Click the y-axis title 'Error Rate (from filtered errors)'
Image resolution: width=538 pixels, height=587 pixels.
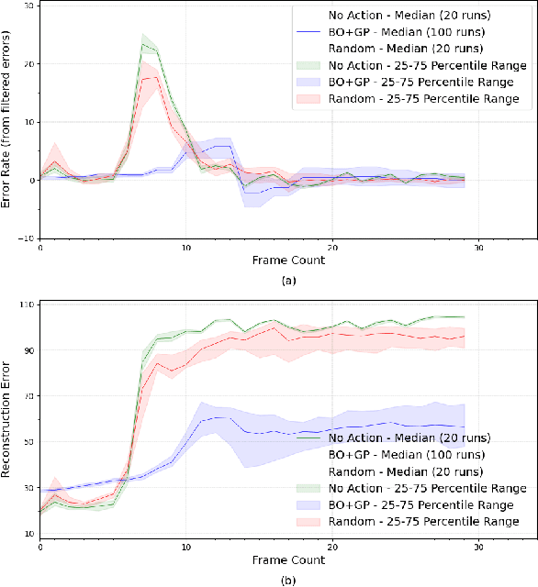click(7, 120)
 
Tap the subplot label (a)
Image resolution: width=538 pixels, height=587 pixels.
click(288, 282)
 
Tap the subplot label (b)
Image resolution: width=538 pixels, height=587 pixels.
click(288, 580)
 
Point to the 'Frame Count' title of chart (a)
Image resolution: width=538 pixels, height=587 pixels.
click(288, 260)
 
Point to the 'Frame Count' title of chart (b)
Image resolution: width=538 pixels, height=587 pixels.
click(288, 559)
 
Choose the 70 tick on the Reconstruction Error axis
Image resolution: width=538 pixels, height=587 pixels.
click(28, 395)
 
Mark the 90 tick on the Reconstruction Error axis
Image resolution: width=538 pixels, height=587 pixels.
click(28, 349)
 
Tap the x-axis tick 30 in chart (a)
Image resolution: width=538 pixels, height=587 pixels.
click(478, 248)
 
